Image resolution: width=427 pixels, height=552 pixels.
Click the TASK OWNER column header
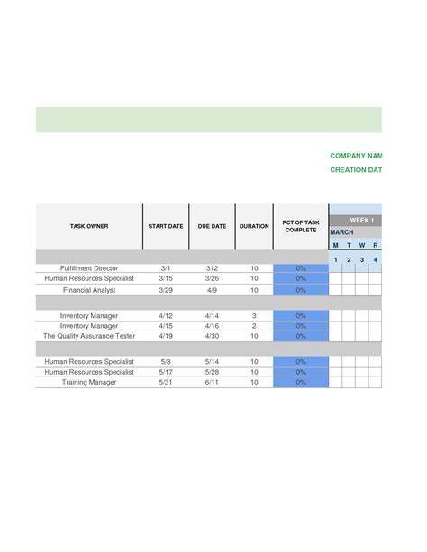tap(89, 226)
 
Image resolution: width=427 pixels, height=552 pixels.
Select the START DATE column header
tap(166, 226)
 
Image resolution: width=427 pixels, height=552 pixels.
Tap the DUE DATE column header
tap(212, 226)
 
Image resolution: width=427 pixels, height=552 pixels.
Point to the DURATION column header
tap(254, 226)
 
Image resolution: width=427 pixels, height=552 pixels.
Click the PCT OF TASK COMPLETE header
tap(301, 226)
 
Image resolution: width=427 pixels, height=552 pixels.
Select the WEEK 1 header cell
tap(361, 220)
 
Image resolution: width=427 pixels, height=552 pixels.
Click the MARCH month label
tap(341, 232)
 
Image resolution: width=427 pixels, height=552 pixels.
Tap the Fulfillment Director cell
tap(89, 268)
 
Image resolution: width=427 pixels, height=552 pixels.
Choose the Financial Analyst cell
tap(89, 290)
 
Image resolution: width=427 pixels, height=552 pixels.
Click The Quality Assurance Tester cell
tap(89, 336)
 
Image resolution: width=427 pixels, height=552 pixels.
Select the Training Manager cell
tap(89, 382)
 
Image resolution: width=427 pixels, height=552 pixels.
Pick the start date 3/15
tap(166, 279)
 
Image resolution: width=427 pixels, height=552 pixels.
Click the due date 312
tap(212, 268)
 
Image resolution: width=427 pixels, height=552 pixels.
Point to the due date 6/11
tap(212, 382)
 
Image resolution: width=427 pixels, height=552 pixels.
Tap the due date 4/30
tap(212, 336)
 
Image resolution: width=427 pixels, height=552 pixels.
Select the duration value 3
tap(254, 316)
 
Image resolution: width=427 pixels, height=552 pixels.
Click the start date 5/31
tap(166, 382)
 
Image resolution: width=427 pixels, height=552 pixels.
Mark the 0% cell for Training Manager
tap(301, 382)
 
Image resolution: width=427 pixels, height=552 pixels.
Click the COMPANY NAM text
tap(356, 156)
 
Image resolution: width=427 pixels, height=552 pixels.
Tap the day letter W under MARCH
tap(362, 245)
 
